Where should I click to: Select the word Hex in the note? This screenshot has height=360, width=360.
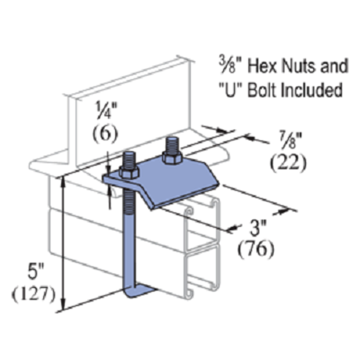tap(263, 67)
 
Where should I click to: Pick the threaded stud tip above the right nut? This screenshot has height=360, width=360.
tap(172, 142)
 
